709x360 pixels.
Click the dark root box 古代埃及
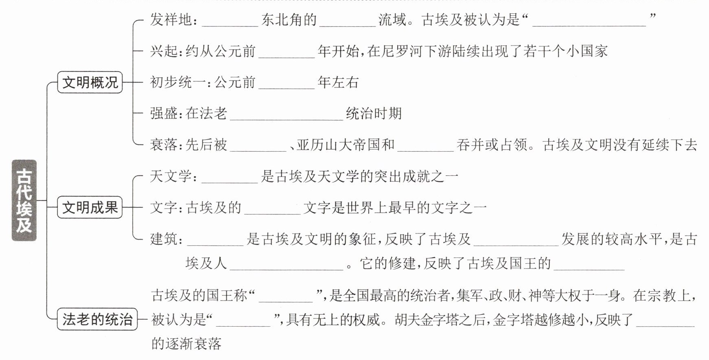point(24,200)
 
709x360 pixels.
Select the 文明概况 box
point(90,83)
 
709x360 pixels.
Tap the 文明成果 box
point(90,207)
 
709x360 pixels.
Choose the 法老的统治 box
point(97,319)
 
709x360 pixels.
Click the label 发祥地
point(171,20)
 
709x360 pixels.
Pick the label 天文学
point(171,176)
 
